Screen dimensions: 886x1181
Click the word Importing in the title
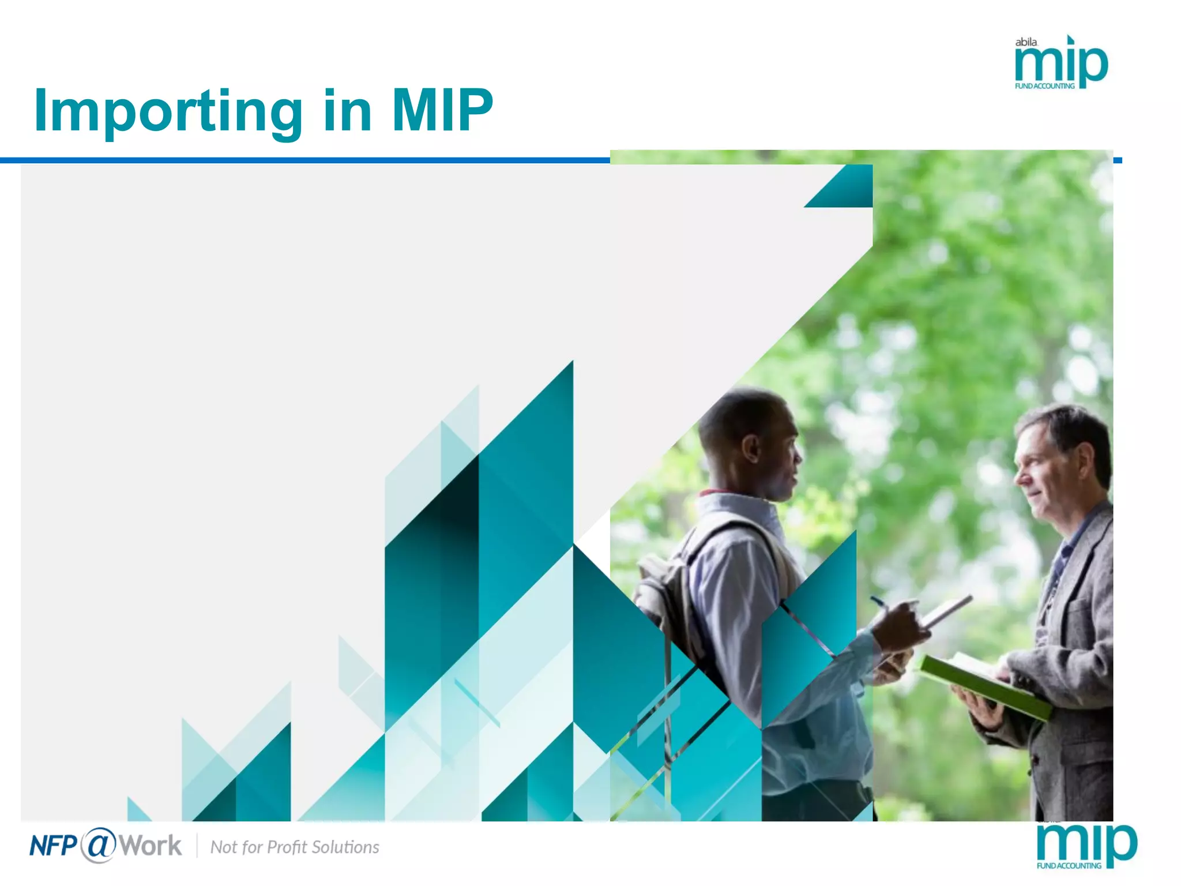[168, 111]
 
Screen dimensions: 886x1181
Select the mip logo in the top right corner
[1061, 63]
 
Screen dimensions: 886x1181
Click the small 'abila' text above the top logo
[1026, 42]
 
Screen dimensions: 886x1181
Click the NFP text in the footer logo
[53, 846]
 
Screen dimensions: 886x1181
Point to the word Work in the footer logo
[151, 846]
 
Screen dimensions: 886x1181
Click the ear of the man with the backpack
[751, 448]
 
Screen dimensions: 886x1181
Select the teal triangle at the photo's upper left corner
[848, 190]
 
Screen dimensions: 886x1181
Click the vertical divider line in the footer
[197, 846]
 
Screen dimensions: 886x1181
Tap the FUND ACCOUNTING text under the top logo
[1044, 87]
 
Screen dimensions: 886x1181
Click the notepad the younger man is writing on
[946, 611]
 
